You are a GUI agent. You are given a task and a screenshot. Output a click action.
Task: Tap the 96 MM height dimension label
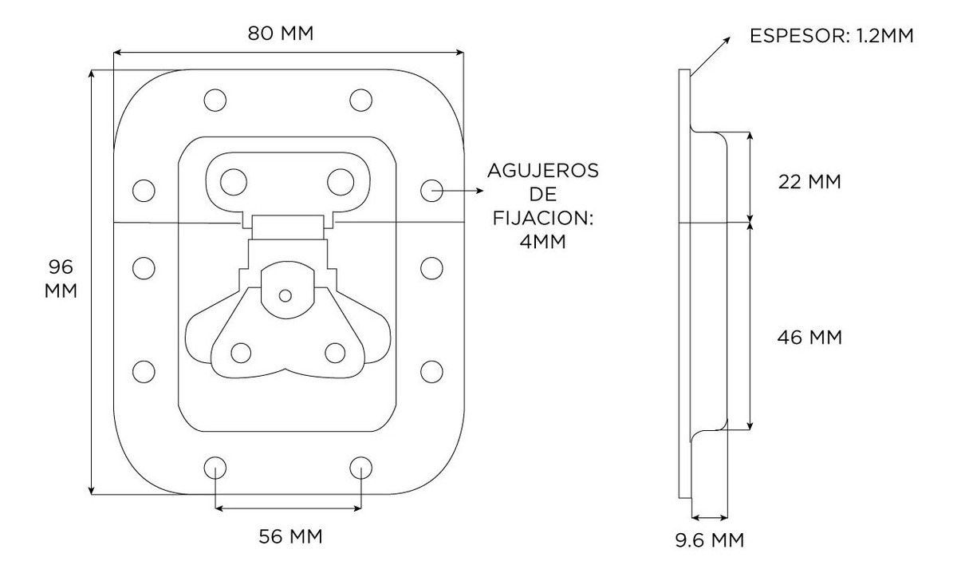tap(61, 278)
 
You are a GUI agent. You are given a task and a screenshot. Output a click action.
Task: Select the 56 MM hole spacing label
tap(291, 536)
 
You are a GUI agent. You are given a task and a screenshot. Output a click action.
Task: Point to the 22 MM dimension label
tap(809, 181)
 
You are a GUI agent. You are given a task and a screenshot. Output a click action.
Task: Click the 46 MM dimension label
tap(809, 338)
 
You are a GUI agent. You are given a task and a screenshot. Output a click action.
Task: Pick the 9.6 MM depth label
tap(709, 540)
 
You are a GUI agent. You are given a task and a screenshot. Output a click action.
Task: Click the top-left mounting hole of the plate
tap(215, 100)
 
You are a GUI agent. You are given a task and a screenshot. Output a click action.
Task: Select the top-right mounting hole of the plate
tap(360, 100)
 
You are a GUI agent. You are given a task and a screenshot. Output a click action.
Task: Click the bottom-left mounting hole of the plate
tap(215, 467)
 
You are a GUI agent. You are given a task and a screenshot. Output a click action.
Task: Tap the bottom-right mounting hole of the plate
tap(360, 467)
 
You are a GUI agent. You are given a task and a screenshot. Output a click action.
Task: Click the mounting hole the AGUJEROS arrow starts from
tap(431, 190)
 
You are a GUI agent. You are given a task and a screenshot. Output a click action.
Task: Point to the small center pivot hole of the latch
tap(286, 296)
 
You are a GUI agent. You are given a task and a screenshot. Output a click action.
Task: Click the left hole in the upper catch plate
tap(234, 180)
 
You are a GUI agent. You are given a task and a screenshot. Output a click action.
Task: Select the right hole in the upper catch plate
tap(341, 180)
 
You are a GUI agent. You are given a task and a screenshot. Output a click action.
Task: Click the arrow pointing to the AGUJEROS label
tap(463, 191)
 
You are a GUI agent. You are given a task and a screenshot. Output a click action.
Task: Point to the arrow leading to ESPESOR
tap(712, 55)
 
